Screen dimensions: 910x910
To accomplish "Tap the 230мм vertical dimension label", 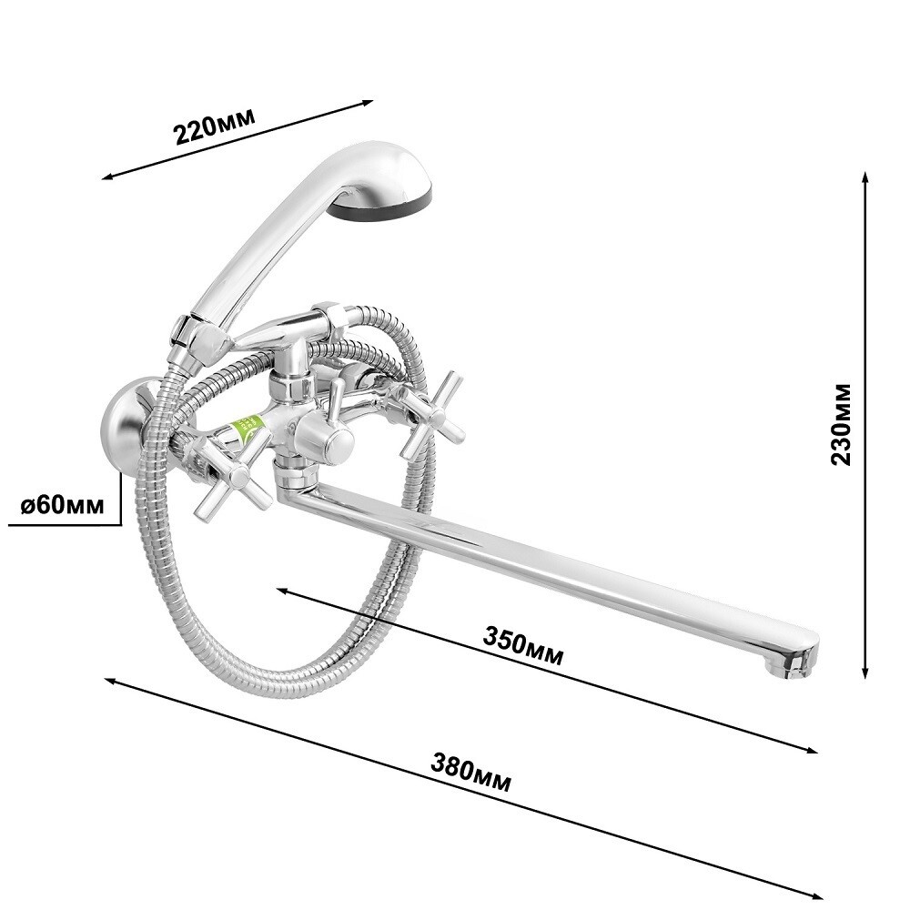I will (842, 423).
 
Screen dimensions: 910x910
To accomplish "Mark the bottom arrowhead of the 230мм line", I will (865, 676).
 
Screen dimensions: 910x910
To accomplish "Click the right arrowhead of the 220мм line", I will (371, 102).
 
